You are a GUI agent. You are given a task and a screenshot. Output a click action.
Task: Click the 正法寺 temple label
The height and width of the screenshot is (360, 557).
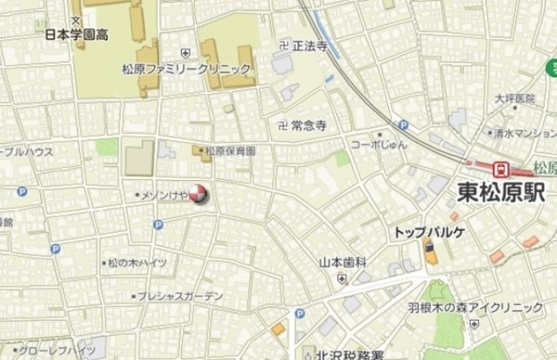[310, 44]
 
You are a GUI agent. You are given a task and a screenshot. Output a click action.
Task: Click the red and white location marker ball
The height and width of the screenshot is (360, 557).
[199, 194]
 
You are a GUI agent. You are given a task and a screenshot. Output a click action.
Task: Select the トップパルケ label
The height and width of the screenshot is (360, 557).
[430, 232]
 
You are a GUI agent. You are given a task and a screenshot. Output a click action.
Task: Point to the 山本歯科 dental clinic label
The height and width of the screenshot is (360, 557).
[342, 262]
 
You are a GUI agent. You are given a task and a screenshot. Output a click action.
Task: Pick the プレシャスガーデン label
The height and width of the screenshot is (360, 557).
[179, 297]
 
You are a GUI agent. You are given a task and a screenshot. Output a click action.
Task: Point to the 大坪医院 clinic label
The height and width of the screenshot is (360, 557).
[514, 98]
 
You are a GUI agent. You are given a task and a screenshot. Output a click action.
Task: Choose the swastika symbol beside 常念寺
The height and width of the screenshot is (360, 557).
[280, 125]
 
